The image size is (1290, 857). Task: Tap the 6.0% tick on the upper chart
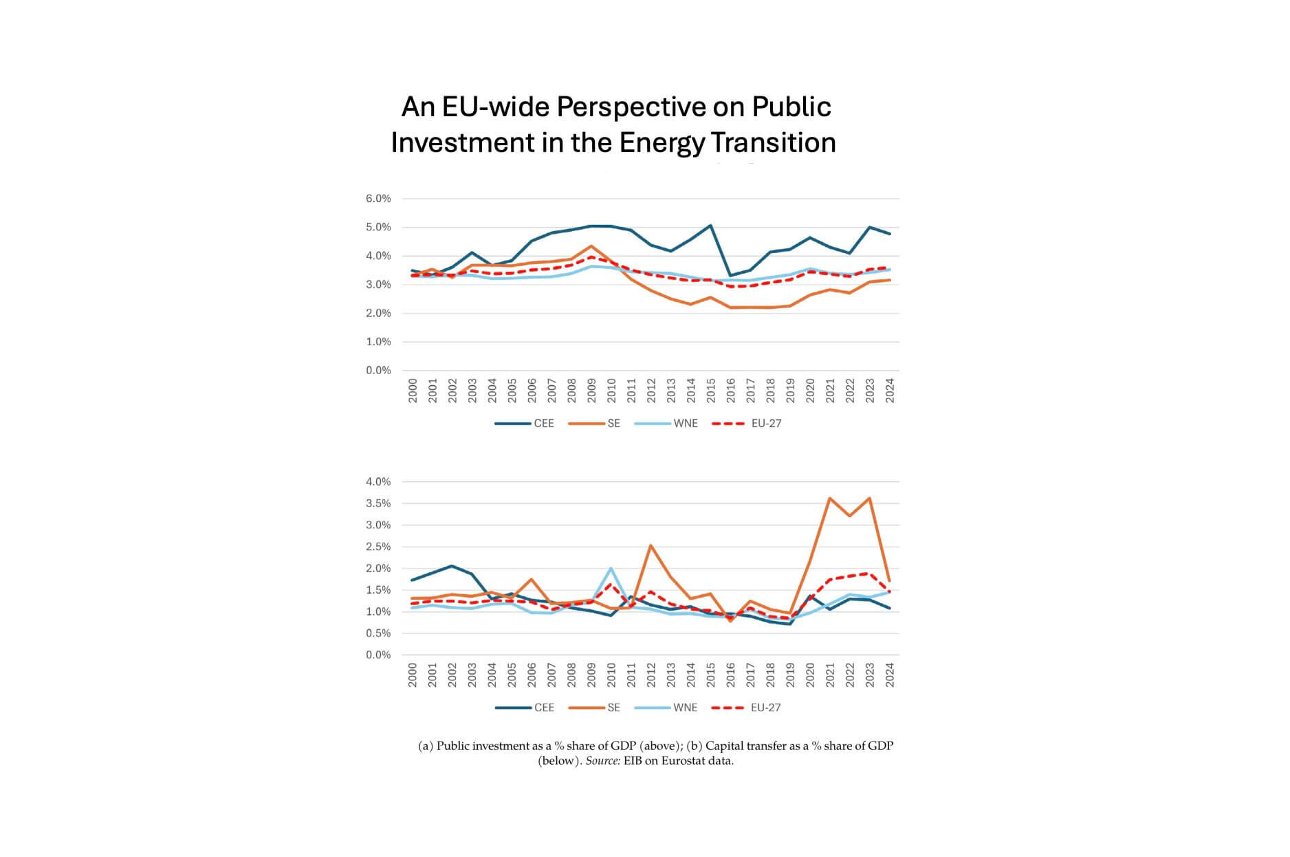click(378, 199)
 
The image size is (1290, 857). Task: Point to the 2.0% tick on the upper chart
click(378, 313)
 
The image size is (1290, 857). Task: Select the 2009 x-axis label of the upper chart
click(591, 390)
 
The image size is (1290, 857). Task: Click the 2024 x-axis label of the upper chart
click(889, 390)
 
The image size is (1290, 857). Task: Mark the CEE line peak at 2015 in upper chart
click(710, 226)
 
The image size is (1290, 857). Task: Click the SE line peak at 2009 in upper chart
click(591, 246)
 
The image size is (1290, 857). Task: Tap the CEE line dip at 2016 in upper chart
click(730, 276)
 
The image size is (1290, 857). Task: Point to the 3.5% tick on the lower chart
click(378, 503)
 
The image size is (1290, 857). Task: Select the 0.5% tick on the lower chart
click(378, 633)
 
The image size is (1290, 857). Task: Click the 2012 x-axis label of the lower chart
click(651, 675)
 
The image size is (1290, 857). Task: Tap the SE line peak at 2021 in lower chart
click(830, 498)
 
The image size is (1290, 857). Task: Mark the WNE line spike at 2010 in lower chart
click(611, 568)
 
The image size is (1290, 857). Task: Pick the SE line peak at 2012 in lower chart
click(651, 545)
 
